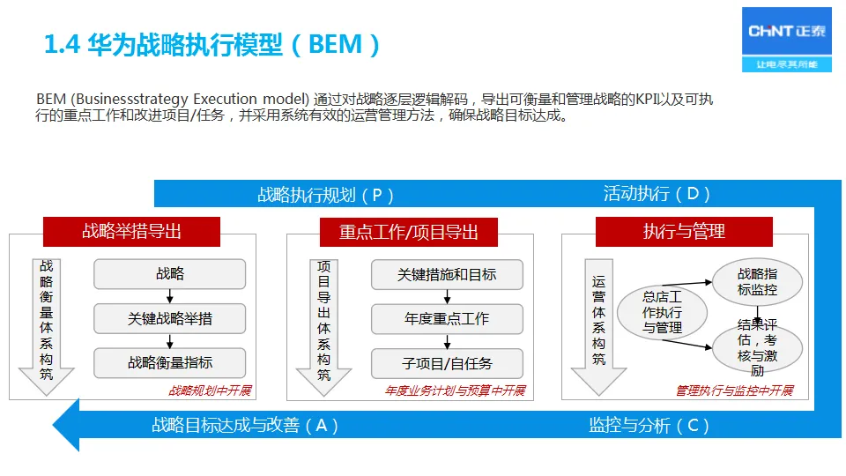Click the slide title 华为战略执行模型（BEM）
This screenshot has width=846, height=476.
click(213, 44)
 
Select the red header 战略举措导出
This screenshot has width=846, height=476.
click(131, 232)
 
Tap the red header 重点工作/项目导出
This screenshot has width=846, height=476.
click(409, 232)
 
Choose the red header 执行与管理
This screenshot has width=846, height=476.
click(684, 232)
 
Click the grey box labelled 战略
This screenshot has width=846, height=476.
click(170, 274)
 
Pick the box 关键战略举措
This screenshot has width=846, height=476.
click(170, 318)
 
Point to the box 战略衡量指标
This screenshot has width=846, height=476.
click(170, 362)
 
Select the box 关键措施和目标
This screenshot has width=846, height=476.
click(447, 274)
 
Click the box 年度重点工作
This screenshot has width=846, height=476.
click(447, 318)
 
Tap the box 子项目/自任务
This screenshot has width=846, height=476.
click(447, 362)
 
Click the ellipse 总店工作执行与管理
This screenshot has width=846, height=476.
click(662, 313)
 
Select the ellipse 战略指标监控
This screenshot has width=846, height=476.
click(758, 281)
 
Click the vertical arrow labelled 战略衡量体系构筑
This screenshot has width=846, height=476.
click(47, 323)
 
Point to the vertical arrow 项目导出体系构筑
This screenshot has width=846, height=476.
click(323, 323)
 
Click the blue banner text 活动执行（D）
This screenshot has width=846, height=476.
click(657, 194)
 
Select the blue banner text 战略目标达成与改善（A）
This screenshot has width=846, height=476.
click(245, 425)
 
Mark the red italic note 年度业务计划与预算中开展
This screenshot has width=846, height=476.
click(455, 390)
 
